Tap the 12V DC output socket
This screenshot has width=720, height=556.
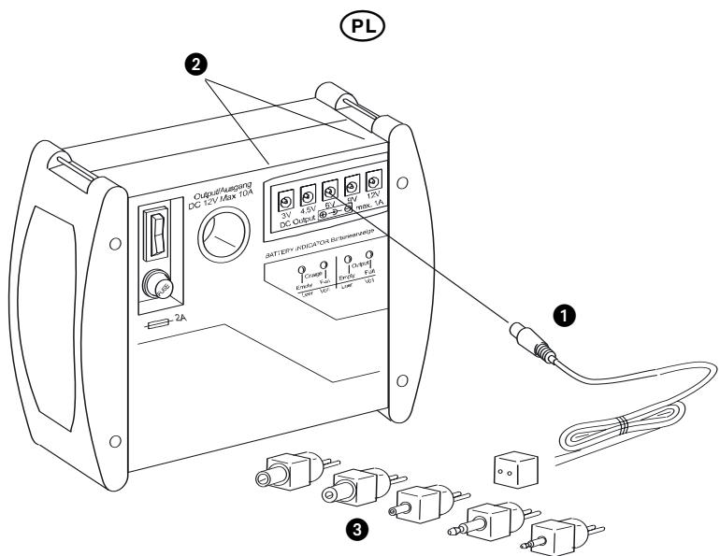[x=374, y=179]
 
